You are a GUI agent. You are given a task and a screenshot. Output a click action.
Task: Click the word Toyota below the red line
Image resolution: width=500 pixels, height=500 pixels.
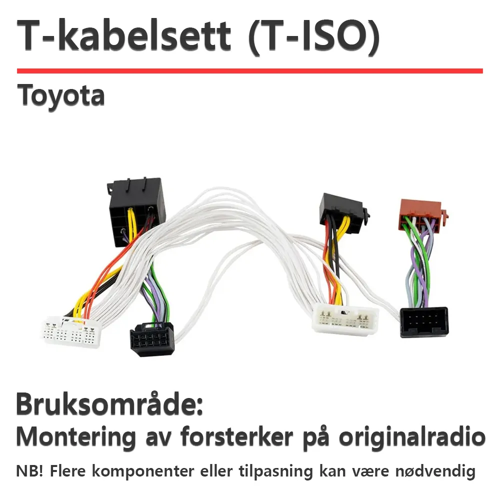click(x=60, y=95)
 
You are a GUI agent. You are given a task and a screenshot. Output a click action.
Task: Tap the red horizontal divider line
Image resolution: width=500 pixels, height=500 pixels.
click(x=250, y=71)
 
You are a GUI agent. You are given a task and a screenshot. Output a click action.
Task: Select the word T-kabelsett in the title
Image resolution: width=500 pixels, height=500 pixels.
click(x=123, y=35)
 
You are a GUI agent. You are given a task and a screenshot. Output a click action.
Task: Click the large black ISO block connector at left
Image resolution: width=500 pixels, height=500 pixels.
click(x=136, y=211)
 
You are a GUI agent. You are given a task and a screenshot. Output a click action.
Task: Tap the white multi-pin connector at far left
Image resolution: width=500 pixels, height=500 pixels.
click(x=71, y=331)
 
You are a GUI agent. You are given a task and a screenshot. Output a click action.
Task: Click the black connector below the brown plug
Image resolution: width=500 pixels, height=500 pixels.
click(x=424, y=322)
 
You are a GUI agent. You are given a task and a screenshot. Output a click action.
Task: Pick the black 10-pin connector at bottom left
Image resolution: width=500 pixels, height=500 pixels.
click(x=152, y=339)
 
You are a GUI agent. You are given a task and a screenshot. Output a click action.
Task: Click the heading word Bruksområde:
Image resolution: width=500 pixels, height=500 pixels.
click(x=109, y=404)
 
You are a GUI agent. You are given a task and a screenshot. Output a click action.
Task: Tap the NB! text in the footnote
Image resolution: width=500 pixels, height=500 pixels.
click(x=29, y=471)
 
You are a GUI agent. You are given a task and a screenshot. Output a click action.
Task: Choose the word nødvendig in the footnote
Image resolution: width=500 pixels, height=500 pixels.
click(x=435, y=471)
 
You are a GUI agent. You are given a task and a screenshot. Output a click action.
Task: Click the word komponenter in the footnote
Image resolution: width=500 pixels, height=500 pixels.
click(x=143, y=472)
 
